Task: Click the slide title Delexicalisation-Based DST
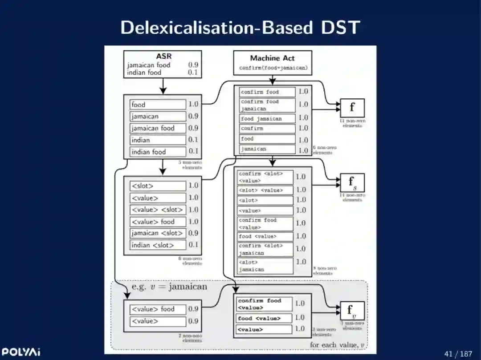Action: pyautogui.click(x=240, y=28)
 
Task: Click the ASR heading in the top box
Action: pyautogui.click(x=163, y=57)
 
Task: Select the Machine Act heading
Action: pyautogui.click(x=272, y=58)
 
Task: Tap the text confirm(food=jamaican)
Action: pyautogui.click(x=273, y=68)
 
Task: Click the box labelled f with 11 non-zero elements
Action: pyautogui.click(x=352, y=108)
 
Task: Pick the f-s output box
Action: pyautogui.click(x=352, y=182)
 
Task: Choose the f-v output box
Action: pyautogui.click(x=352, y=311)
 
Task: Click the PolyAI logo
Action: pyautogui.click(x=21, y=352)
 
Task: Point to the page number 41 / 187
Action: pyautogui.click(x=458, y=354)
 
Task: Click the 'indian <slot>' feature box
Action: pyautogui.click(x=158, y=245)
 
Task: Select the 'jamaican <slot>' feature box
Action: pyautogui.click(x=158, y=233)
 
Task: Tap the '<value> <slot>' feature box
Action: pyautogui.click(x=158, y=210)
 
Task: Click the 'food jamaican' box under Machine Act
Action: pyautogui.click(x=267, y=119)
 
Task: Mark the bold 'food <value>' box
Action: pyautogui.click(x=264, y=318)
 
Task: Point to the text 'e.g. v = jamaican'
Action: pyautogui.click(x=169, y=287)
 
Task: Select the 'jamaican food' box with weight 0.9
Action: pyautogui.click(x=158, y=128)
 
